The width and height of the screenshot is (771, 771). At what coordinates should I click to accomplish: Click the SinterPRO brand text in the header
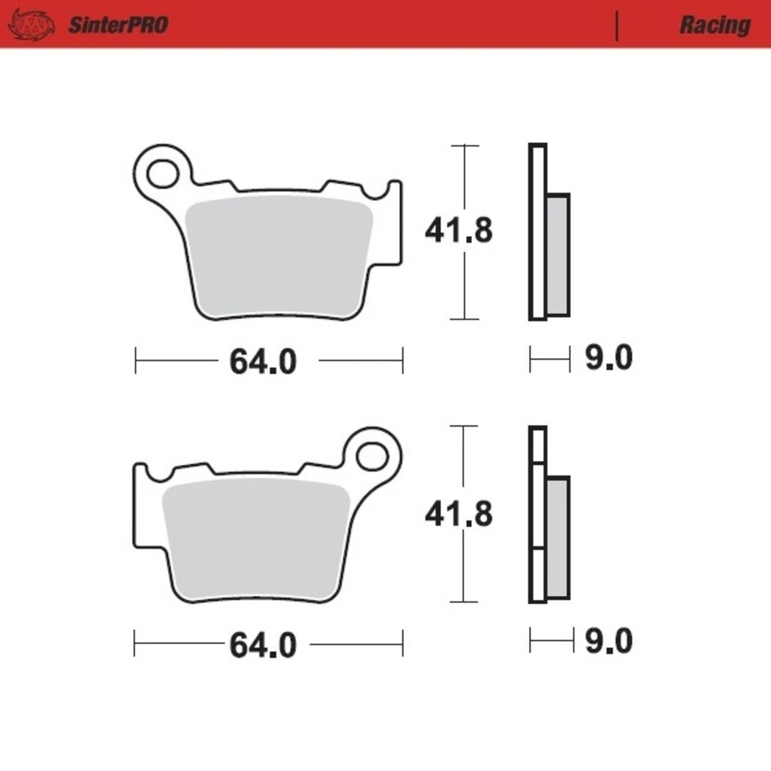(x=117, y=25)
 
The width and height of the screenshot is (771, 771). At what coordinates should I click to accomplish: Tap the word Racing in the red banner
(x=714, y=25)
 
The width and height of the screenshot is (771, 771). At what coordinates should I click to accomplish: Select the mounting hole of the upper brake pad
(x=163, y=173)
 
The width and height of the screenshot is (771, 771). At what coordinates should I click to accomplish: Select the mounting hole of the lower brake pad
(x=371, y=456)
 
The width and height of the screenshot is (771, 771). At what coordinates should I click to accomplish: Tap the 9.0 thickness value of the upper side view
(x=608, y=358)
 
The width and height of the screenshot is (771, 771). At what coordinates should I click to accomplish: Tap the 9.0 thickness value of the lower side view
(x=608, y=641)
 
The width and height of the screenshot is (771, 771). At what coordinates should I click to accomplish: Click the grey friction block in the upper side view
(x=557, y=254)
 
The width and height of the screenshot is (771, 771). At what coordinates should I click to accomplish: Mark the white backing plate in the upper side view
(x=537, y=233)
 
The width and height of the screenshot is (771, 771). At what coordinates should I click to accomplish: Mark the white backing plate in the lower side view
(x=537, y=514)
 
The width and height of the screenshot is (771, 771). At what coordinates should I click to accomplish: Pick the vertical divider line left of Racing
(x=617, y=26)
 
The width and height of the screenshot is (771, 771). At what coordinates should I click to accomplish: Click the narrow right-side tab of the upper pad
(x=394, y=221)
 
